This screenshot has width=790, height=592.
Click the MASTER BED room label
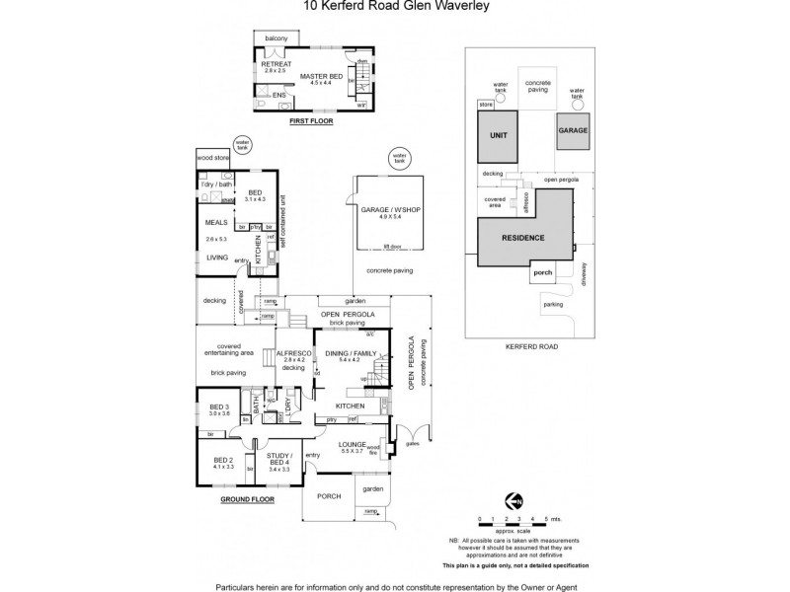(x=321, y=76)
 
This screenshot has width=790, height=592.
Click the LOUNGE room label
(x=352, y=444)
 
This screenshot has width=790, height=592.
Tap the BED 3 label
(x=218, y=407)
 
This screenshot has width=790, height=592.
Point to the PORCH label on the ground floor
(x=330, y=496)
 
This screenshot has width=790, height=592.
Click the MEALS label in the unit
(x=216, y=223)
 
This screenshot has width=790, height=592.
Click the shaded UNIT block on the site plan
(x=499, y=136)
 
